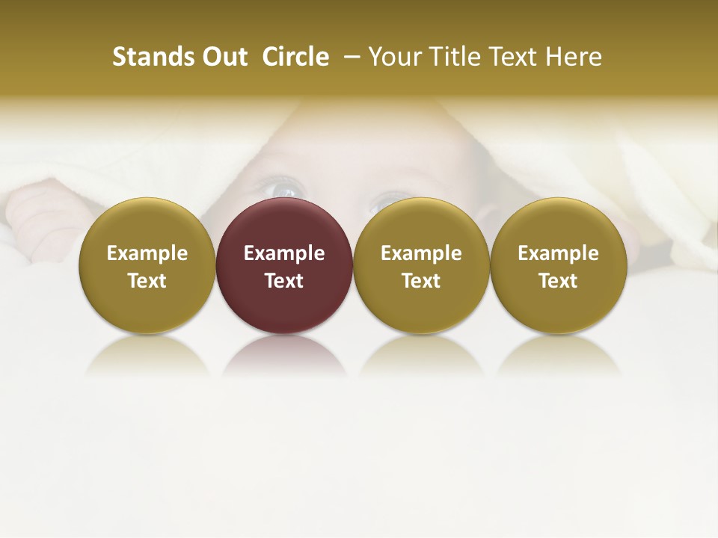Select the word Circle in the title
point(295,57)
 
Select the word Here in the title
point(574,57)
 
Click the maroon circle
point(284,299)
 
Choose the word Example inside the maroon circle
point(284,253)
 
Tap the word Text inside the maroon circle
point(284,281)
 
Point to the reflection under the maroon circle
point(284,355)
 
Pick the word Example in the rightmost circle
point(558,253)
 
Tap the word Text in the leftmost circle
point(147,281)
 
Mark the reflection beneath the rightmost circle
point(558,355)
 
